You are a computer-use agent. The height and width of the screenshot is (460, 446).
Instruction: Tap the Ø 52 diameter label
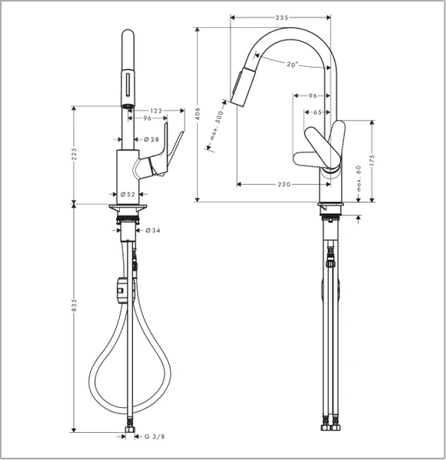[x=128, y=193]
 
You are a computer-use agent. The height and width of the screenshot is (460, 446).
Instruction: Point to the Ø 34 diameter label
[x=153, y=231]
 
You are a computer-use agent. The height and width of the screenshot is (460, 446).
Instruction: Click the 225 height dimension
[x=74, y=155]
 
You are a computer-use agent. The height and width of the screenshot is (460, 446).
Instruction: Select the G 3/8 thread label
[x=155, y=437]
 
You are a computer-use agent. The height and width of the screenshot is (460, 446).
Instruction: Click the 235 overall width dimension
[x=282, y=18]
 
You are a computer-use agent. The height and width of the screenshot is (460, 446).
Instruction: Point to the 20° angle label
[x=291, y=64]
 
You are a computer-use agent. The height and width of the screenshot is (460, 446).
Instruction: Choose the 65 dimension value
[x=317, y=113]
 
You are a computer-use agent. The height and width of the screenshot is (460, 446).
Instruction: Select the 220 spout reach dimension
[x=283, y=184]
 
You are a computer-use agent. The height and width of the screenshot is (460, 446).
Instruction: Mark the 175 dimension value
[x=372, y=159]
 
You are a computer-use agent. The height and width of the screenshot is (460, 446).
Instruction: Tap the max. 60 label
[x=359, y=177]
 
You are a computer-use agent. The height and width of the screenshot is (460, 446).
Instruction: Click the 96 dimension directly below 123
[x=147, y=119]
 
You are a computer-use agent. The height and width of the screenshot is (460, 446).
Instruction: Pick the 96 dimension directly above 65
[x=313, y=96]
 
